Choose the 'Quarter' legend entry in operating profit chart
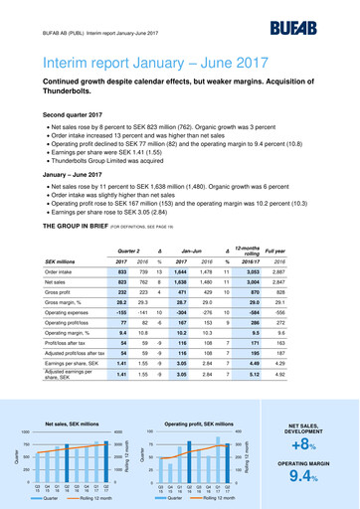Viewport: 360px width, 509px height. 173,498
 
